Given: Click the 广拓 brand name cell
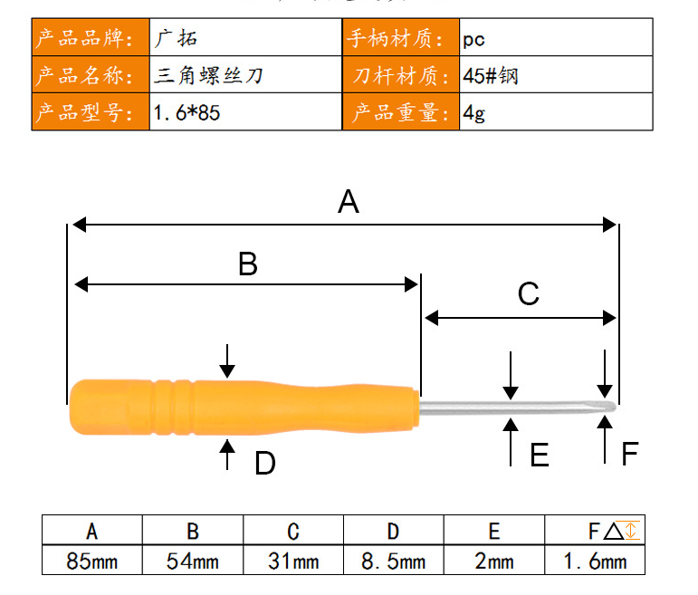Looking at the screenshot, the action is [x=245, y=37].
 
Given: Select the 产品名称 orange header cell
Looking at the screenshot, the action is [x=91, y=75].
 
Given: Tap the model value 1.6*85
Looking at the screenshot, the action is [x=186, y=112].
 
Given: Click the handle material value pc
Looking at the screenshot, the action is [x=473, y=40].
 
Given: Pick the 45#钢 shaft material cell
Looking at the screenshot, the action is [x=556, y=75].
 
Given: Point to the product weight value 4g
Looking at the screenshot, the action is [x=473, y=113].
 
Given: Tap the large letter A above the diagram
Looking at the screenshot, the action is [x=349, y=201].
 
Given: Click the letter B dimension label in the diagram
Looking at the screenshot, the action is [x=248, y=264].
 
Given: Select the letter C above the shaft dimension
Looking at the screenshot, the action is [x=529, y=293].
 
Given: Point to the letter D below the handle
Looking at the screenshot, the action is [x=265, y=463].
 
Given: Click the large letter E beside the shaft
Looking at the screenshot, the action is [x=540, y=455].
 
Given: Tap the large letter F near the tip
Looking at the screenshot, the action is [x=630, y=454].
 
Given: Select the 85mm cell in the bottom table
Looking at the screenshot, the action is [x=92, y=561].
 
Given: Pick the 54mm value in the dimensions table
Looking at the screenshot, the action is [x=193, y=561].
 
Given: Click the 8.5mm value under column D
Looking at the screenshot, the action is [x=394, y=561].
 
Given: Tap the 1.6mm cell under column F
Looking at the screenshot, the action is [x=595, y=561].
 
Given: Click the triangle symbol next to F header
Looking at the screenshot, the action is [x=614, y=532].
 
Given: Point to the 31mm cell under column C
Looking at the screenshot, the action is [x=293, y=561].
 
